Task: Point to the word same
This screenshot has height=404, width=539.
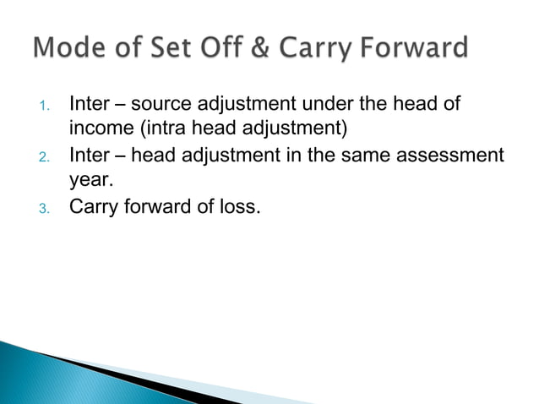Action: [x=372, y=155]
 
